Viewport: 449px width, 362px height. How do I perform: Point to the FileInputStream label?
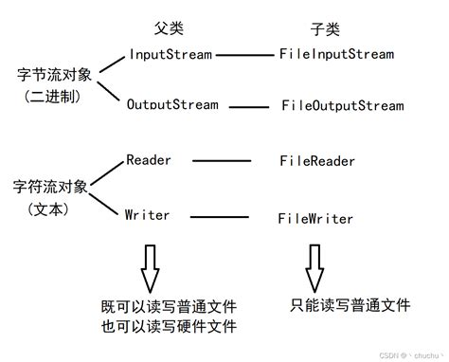336,54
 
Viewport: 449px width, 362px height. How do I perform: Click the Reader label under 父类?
149,159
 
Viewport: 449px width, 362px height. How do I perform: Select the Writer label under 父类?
148,215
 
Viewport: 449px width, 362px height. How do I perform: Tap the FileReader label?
317,161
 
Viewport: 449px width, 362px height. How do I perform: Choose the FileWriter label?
315,219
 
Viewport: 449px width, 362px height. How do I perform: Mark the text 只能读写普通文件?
350,305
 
